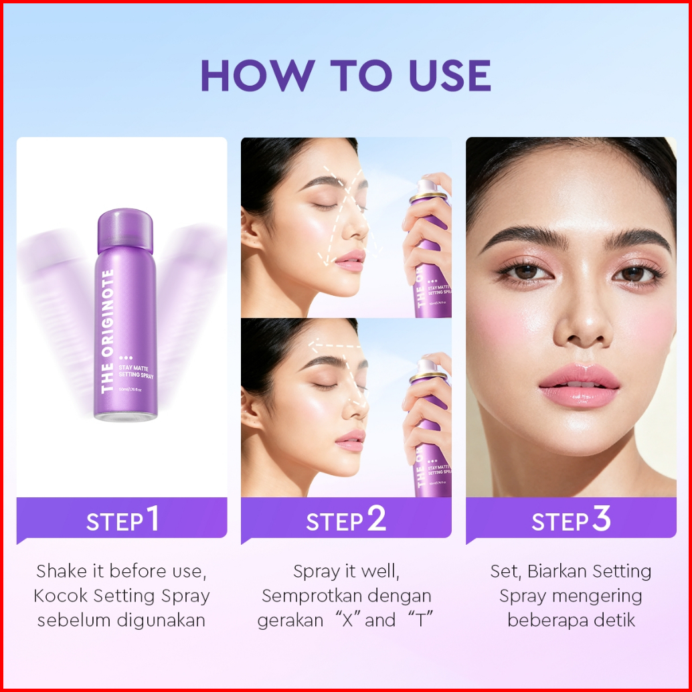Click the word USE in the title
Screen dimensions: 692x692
(450, 76)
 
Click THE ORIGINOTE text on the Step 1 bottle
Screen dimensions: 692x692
(107, 331)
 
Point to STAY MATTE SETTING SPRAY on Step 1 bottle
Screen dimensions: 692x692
(136, 371)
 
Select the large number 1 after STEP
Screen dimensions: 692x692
(153, 518)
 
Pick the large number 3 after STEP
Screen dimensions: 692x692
(601, 518)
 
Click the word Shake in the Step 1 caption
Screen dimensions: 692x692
(62, 571)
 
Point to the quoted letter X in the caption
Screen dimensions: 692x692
(348, 620)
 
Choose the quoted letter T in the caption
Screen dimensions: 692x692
(420, 620)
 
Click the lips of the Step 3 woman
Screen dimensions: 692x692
(579, 385)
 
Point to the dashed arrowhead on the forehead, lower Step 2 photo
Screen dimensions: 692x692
(313, 344)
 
